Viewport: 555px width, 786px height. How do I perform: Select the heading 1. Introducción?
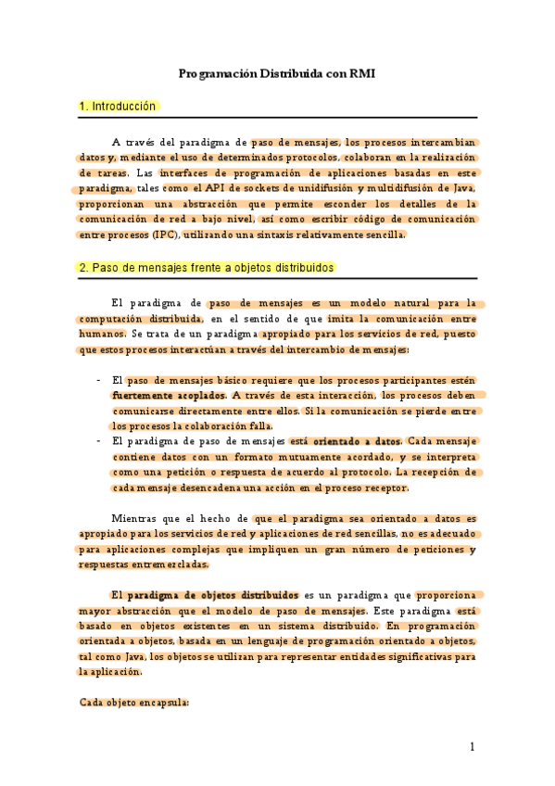tap(119, 107)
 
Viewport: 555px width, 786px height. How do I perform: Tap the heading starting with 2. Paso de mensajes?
tap(207, 268)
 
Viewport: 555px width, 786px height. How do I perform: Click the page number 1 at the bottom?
tap(472, 747)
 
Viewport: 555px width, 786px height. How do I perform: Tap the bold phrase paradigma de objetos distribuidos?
tap(213, 594)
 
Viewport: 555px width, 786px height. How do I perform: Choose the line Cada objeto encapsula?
tap(134, 703)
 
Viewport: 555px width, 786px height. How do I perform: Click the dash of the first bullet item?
tap(99, 380)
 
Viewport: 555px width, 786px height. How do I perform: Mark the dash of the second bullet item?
tap(99, 442)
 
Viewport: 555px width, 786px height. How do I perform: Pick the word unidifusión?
tap(314, 188)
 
